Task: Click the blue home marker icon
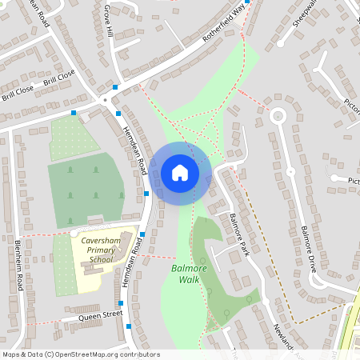click(x=180, y=173)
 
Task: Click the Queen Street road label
click(x=100, y=316)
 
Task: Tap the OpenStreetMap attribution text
click(x=81, y=354)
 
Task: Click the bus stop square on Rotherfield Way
click(x=248, y=2)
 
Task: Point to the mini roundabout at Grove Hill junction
click(x=105, y=100)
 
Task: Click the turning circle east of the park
click(x=278, y=116)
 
